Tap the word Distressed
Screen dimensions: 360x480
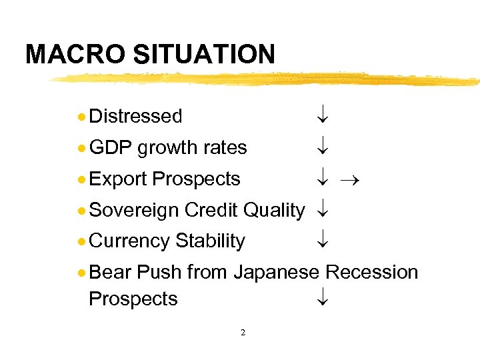[x=135, y=116]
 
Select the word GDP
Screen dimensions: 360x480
[x=110, y=147]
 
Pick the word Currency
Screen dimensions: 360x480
[x=129, y=241]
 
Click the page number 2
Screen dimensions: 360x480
[x=243, y=332]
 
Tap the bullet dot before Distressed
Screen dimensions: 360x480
[x=81, y=117]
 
